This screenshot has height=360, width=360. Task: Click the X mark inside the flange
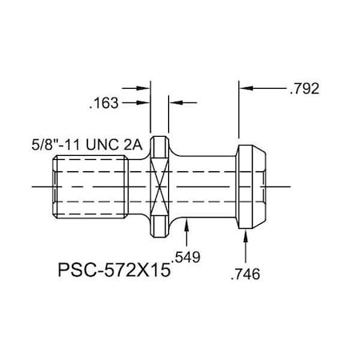(162, 186)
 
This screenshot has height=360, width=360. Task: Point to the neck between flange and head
(204, 186)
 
